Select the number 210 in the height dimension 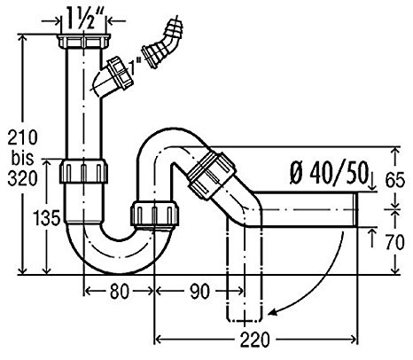click(x=23, y=137)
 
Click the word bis click(x=23, y=158)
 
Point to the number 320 click(x=23, y=178)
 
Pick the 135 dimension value click(x=48, y=219)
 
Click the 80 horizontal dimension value click(x=120, y=291)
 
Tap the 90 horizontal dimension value click(x=199, y=291)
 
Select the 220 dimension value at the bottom click(x=254, y=340)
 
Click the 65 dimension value click(x=394, y=180)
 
